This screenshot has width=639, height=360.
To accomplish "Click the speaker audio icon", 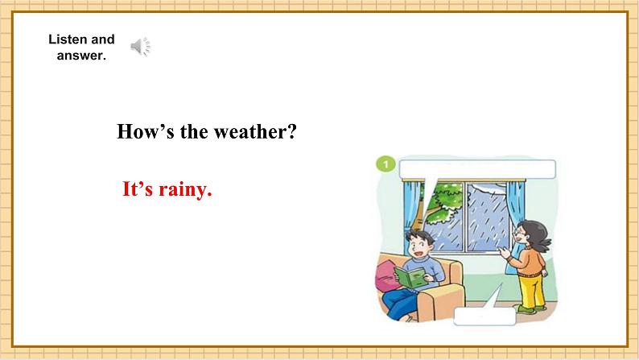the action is click(x=141, y=47).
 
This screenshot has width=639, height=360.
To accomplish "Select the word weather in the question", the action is click(x=255, y=132).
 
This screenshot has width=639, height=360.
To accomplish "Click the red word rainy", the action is click(x=185, y=190).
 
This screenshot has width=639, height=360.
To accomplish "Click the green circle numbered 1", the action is click(x=385, y=164).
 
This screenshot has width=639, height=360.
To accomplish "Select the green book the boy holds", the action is click(x=411, y=277).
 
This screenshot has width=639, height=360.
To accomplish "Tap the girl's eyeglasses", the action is click(x=519, y=234).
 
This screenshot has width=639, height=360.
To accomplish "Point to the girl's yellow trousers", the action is click(x=532, y=290).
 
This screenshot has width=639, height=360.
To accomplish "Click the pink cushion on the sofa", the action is click(x=385, y=276).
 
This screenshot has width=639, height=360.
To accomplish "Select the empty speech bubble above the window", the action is click(x=477, y=169).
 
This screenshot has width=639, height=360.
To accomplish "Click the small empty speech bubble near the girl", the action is click(x=484, y=316).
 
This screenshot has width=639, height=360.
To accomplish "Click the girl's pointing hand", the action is click(x=505, y=252).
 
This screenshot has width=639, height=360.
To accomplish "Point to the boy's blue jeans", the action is click(x=400, y=303).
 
